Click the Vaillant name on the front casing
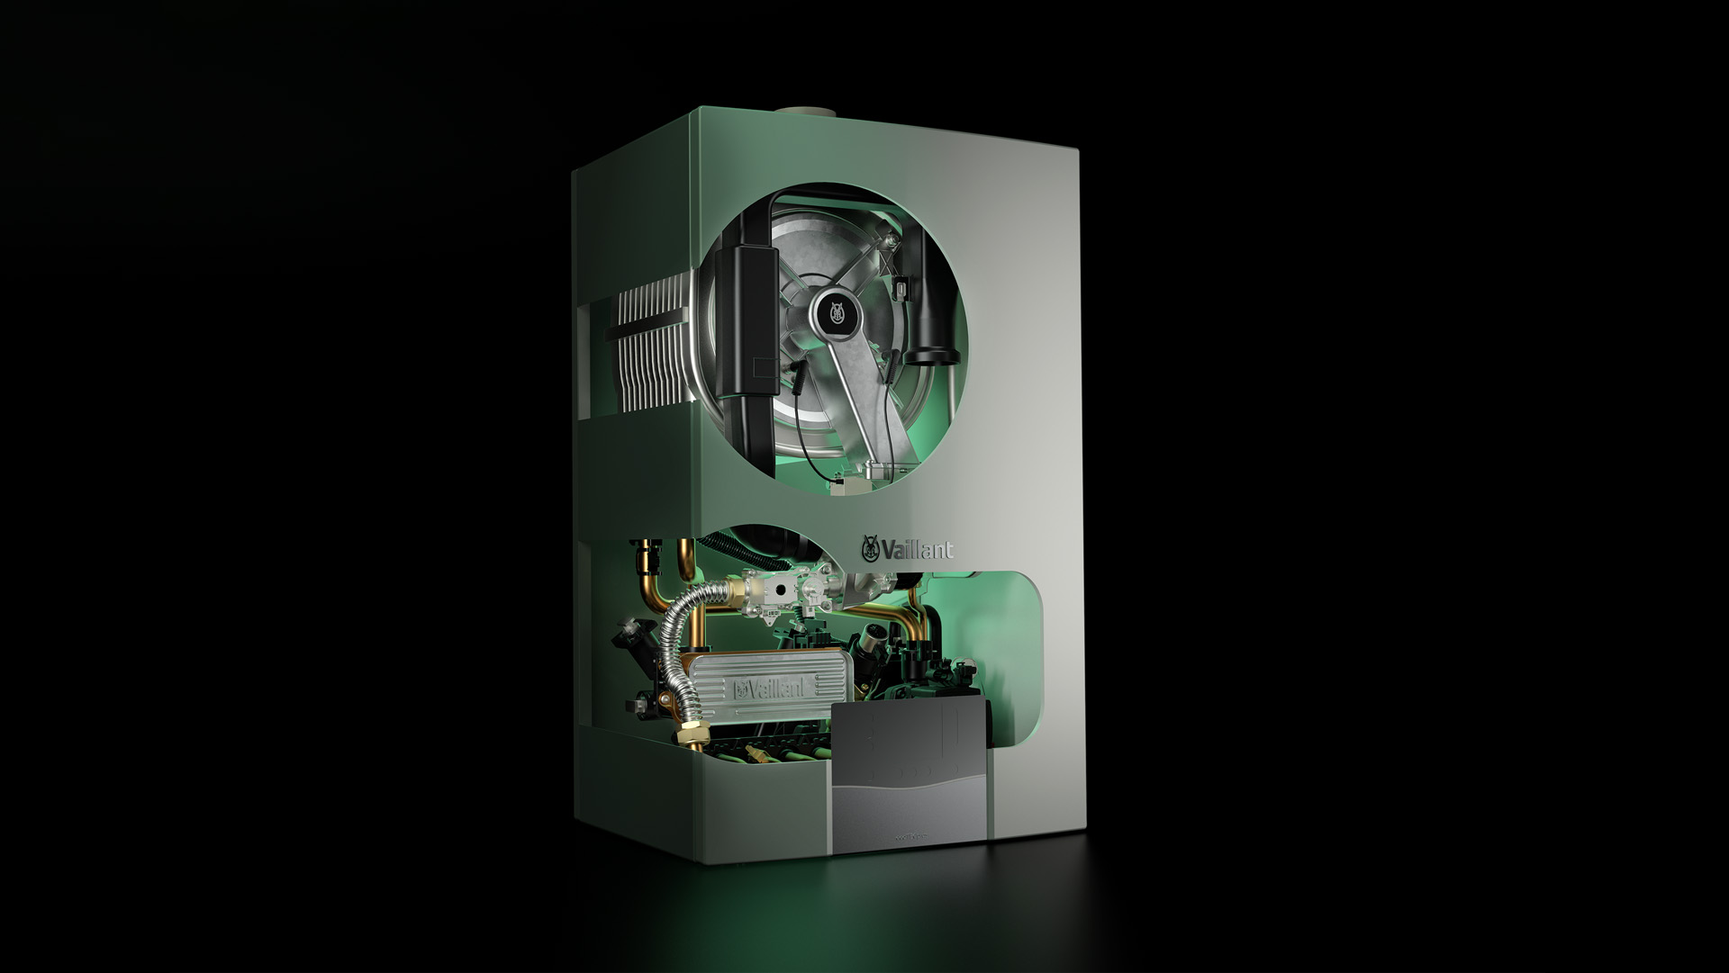tap(918, 549)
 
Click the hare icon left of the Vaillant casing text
tap(871, 547)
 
